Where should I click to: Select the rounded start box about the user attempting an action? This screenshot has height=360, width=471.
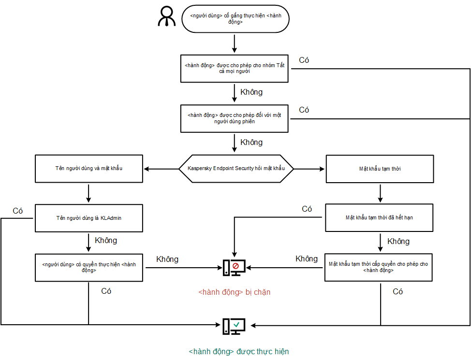point(235,19)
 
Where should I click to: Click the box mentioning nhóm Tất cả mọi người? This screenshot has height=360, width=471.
point(235,68)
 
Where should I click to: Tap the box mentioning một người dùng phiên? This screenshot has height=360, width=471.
point(235,118)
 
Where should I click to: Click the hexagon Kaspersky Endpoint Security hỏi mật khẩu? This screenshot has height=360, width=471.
point(235,169)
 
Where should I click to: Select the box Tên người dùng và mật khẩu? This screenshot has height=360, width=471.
point(89,169)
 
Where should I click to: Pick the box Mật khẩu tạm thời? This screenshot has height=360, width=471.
point(379,169)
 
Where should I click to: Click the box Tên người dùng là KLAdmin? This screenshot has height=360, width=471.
point(89,218)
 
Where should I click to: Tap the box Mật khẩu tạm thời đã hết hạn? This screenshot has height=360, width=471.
point(379,217)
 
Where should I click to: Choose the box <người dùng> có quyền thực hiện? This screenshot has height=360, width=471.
point(89,267)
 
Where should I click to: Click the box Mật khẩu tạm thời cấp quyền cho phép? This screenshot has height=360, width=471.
point(379,267)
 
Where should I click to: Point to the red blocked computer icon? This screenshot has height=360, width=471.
point(234,268)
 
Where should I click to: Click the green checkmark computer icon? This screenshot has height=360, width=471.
point(234,326)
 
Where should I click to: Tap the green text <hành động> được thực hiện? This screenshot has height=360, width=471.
point(239,351)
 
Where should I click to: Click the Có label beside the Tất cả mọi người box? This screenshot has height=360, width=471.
point(304,60)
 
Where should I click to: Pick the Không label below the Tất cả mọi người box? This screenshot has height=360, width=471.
point(251,91)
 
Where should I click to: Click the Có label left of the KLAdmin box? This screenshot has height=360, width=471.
point(18,211)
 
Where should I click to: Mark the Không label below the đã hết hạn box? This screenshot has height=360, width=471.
point(398,241)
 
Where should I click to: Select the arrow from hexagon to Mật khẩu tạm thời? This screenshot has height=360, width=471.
point(309,169)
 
